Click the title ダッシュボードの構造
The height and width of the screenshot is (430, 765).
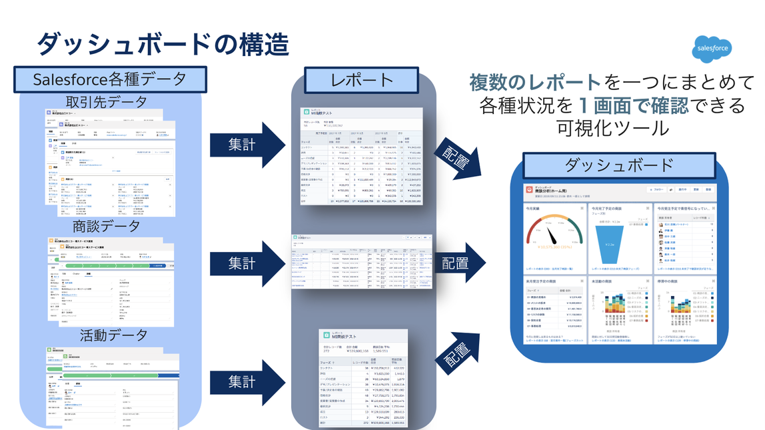162,44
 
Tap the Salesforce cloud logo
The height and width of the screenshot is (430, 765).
712,48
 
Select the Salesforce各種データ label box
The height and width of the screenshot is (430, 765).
110,79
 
